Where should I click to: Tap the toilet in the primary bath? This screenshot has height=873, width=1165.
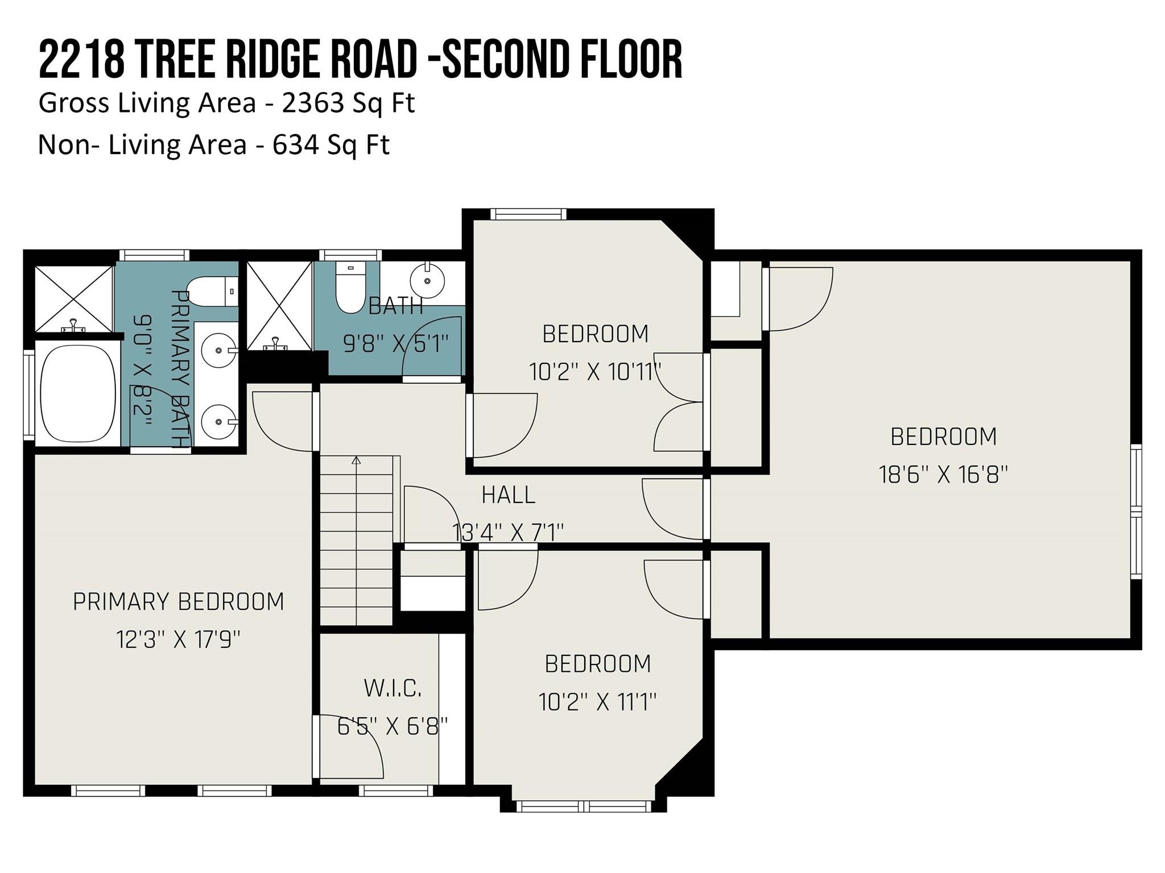[212, 292]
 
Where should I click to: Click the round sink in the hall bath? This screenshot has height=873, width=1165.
[427, 280]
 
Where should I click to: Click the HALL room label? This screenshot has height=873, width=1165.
[509, 495]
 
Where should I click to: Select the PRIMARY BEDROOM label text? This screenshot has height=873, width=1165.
[179, 602]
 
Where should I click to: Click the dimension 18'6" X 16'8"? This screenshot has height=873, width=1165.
[944, 474]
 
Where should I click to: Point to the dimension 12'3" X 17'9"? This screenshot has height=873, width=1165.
[179, 641]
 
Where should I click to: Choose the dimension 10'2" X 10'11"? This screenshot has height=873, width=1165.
[595, 372]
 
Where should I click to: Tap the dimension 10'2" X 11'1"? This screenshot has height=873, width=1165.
[597, 702]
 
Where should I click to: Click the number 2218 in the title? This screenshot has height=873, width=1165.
[81, 59]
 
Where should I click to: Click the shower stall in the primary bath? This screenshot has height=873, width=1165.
[74, 299]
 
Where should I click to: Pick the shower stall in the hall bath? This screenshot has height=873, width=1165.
[279, 306]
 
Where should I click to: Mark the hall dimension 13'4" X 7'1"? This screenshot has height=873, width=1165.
[508, 533]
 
